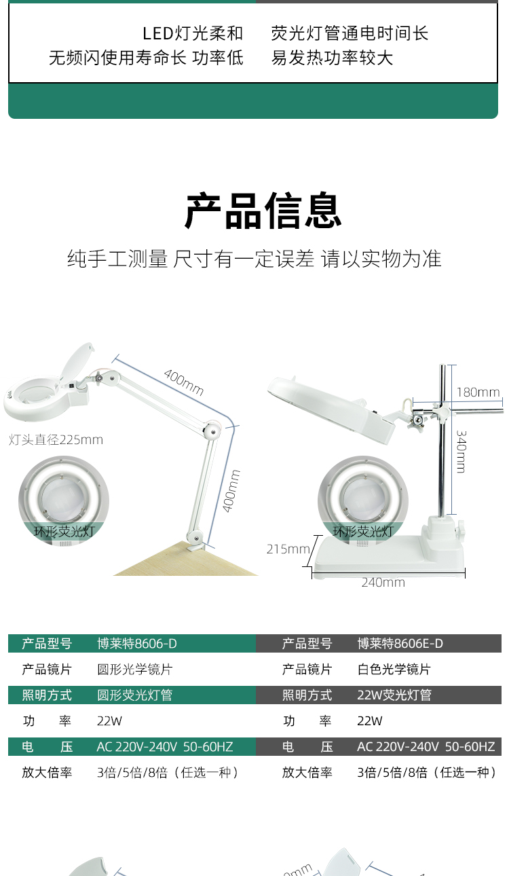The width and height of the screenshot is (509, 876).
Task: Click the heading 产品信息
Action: (x=263, y=211)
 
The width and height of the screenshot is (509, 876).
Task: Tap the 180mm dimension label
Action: (x=478, y=392)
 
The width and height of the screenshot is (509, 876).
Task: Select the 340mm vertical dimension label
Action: (x=461, y=452)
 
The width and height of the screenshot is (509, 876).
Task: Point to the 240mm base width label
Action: (x=383, y=583)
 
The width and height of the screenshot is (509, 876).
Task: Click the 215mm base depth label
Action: (x=288, y=549)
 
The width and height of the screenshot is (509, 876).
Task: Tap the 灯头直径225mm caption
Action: (x=56, y=439)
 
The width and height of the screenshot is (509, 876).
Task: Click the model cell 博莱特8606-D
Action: (x=137, y=643)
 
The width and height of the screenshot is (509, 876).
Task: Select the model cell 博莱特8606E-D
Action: (x=400, y=643)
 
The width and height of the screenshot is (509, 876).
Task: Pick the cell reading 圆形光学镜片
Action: (x=135, y=669)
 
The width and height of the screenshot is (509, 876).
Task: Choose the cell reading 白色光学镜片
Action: (x=394, y=669)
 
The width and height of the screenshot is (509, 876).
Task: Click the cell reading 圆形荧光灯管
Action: (x=135, y=695)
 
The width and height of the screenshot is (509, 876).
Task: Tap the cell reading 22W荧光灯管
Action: (x=394, y=695)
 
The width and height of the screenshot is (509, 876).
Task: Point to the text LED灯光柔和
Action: (x=193, y=33)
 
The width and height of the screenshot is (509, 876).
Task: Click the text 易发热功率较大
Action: (x=332, y=58)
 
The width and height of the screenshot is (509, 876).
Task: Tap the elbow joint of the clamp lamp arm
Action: (x=212, y=431)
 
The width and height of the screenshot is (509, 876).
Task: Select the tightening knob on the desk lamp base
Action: (x=460, y=530)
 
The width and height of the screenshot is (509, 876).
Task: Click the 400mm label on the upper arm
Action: (x=184, y=382)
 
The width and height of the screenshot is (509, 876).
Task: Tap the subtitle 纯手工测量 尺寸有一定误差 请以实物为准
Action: (x=254, y=259)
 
